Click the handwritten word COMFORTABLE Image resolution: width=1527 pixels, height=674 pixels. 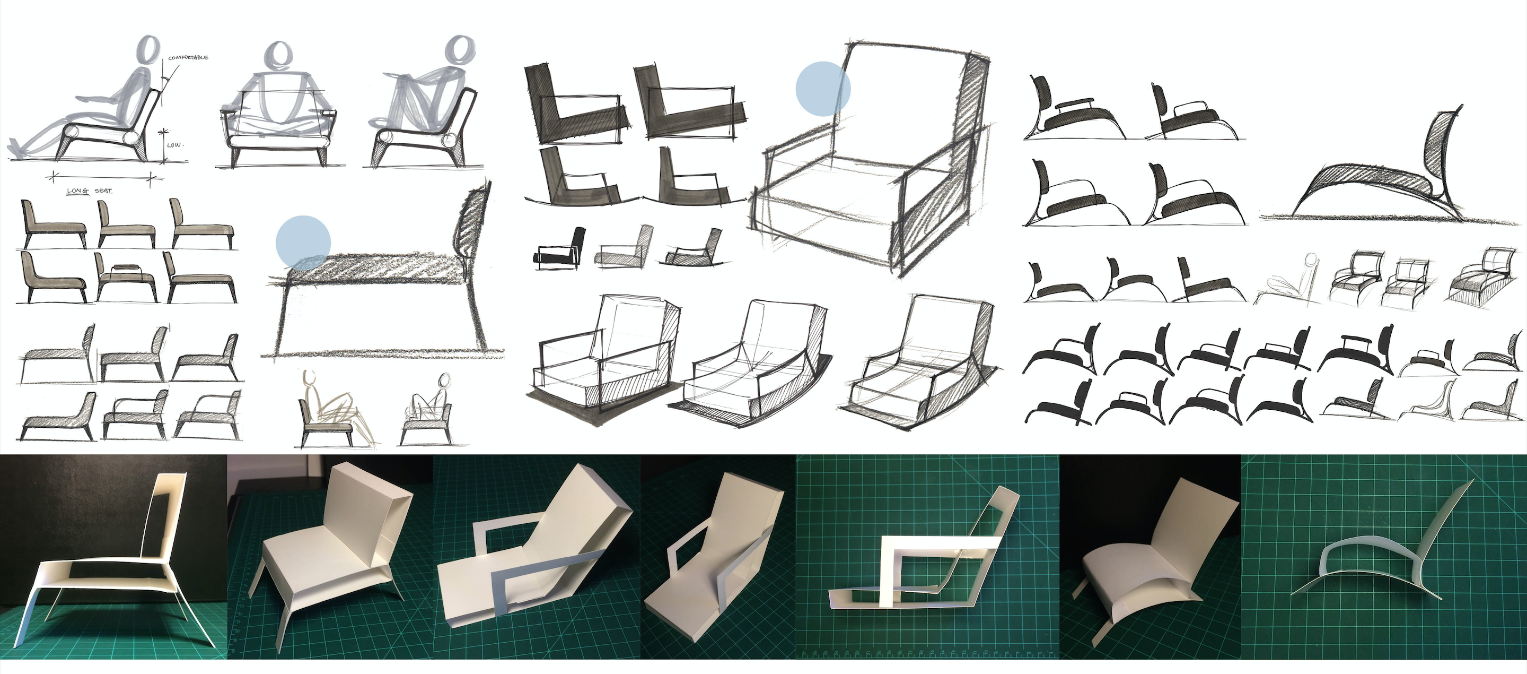(x=188, y=57)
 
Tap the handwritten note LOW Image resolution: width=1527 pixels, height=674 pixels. (x=175, y=145)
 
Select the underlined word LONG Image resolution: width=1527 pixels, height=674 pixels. (x=77, y=191)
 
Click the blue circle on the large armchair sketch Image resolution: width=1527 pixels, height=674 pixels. (x=823, y=89)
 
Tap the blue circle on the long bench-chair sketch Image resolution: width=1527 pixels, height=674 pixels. (x=303, y=243)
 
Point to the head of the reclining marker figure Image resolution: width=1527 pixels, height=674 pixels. (x=149, y=50)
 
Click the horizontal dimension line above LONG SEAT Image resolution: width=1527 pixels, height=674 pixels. (x=104, y=176)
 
